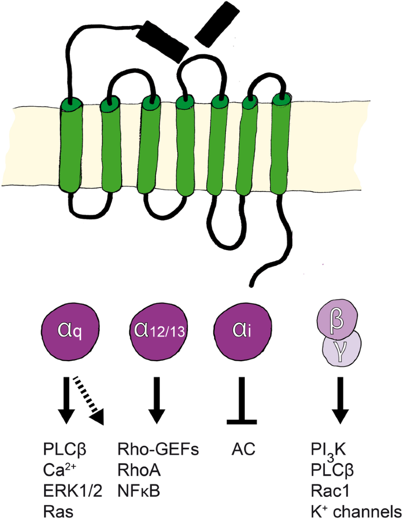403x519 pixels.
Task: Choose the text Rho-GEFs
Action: click(158, 451)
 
